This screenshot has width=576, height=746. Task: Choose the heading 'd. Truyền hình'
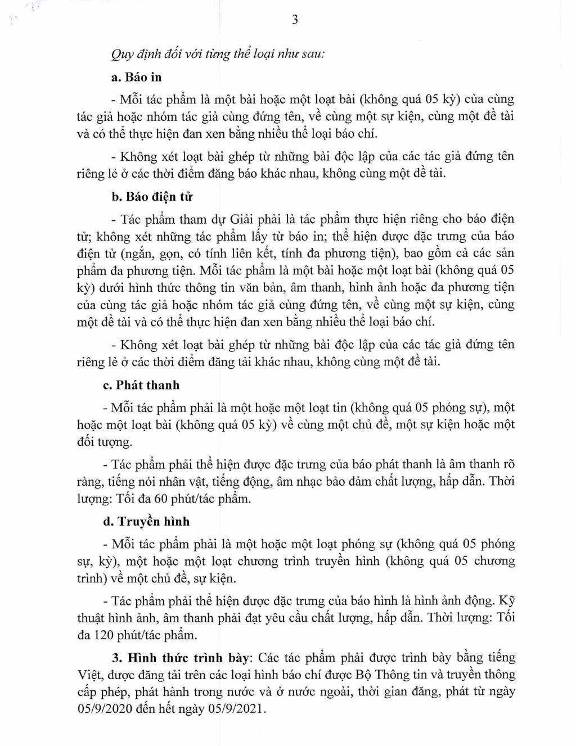(x=150, y=522)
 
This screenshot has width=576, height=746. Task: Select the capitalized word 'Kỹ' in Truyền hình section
(x=505, y=600)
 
